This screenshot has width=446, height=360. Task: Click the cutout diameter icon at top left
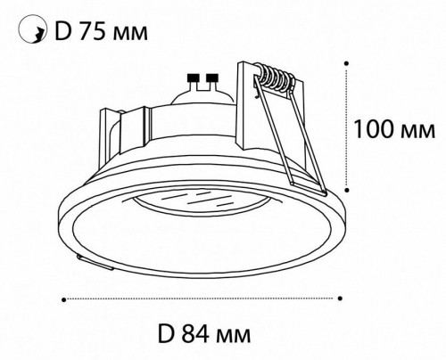33,30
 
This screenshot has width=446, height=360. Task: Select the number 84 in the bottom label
195,334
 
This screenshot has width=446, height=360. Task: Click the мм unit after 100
417,132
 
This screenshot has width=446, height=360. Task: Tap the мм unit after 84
234,337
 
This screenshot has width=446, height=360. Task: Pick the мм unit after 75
129,33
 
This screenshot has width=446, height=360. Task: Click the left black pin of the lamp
193,78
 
